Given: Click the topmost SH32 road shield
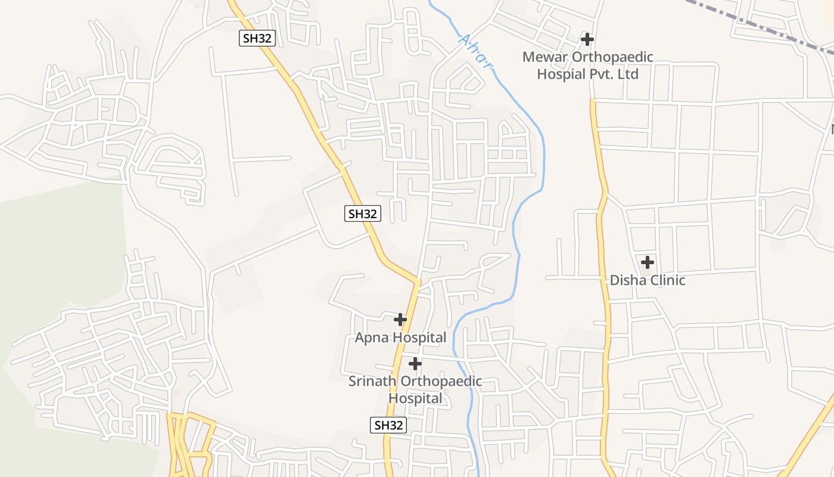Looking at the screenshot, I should [258, 38].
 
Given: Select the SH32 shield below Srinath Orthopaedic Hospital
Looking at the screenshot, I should [388, 425].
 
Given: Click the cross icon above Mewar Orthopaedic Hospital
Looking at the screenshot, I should [587, 40].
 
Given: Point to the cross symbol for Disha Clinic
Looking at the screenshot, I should [648, 262].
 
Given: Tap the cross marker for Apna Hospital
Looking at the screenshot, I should [400, 320].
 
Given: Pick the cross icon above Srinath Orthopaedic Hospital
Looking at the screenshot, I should [415, 364].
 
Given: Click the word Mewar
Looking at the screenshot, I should [545, 57].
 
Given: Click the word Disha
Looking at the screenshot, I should [626, 280].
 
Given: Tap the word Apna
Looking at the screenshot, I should [372, 338].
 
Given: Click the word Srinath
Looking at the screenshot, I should [373, 381].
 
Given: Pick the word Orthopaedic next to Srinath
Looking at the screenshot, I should [442, 381].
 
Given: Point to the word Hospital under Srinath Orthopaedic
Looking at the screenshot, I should [415, 398].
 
